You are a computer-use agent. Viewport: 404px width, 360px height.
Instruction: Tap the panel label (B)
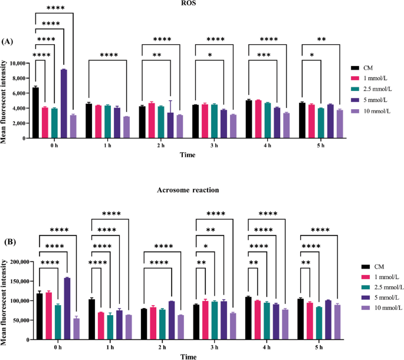point(8,241)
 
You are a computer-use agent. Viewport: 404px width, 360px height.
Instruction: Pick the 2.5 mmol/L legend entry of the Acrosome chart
point(373,287)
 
